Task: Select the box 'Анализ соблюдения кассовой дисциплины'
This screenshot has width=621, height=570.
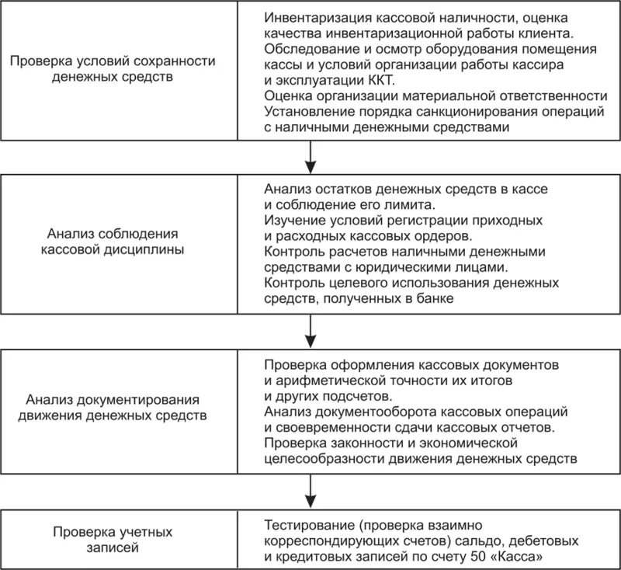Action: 113,242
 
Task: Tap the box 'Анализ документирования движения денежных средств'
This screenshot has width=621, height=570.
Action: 113,407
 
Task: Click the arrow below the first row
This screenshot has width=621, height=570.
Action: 310,159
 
